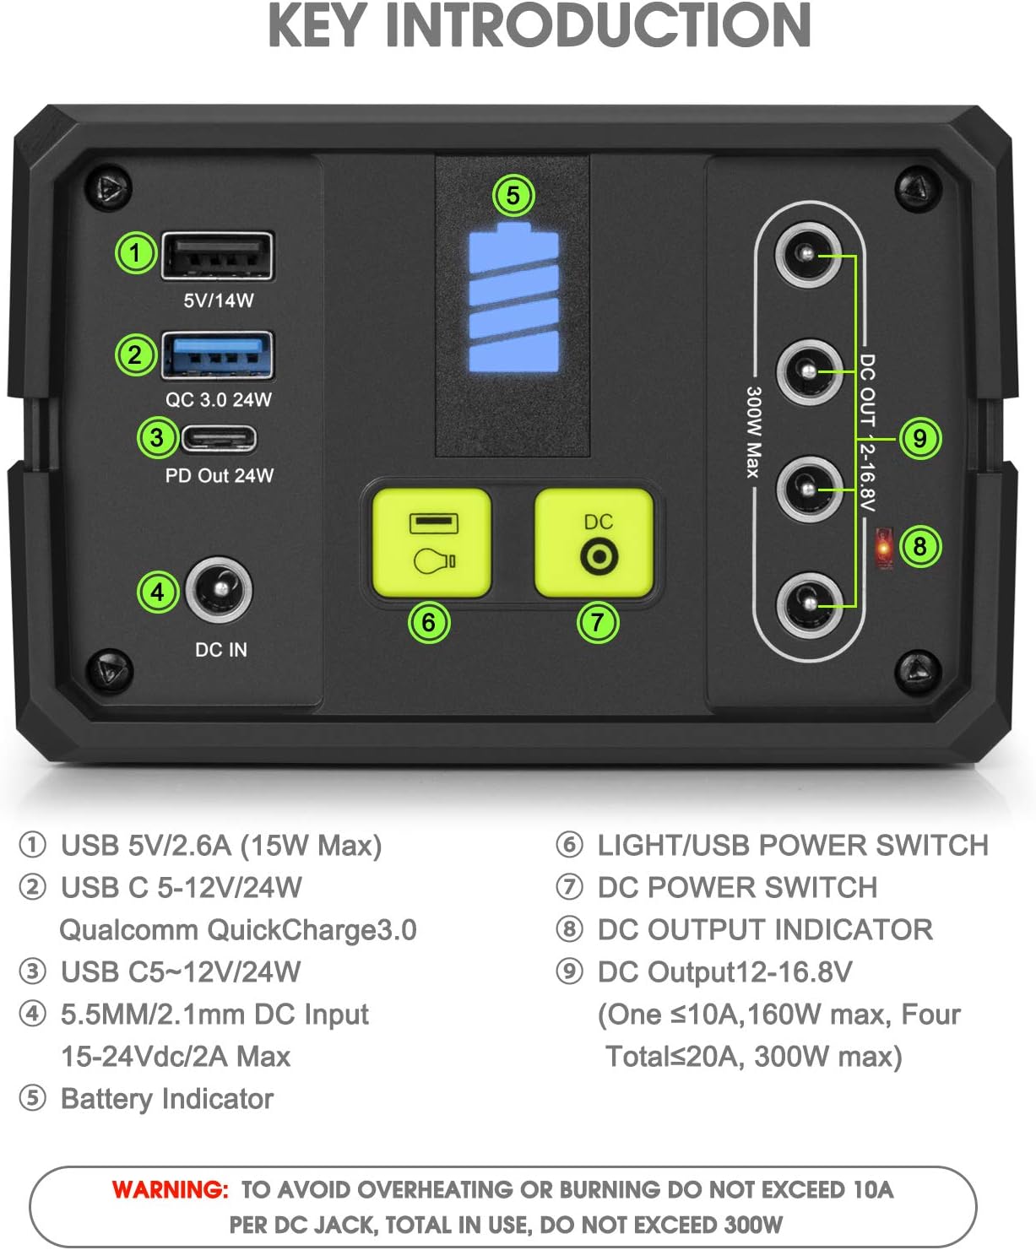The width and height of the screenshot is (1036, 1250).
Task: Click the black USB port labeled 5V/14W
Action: click(218, 255)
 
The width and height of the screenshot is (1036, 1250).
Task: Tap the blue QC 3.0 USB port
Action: click(218, 355)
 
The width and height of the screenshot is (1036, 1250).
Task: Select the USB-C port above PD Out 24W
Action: click(219, 438)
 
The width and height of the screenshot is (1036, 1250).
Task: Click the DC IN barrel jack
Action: click(219, 590)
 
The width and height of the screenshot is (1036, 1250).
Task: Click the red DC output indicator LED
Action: click(883, 548)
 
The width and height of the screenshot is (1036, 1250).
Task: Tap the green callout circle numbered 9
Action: click(919, 438)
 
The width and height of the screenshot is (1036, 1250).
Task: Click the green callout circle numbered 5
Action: click(513, 196)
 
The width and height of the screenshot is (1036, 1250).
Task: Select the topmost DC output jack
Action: click(808, 254)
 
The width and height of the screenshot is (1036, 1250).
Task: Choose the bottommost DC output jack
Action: click(808, 604)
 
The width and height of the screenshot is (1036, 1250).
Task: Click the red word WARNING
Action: click(170, 1190)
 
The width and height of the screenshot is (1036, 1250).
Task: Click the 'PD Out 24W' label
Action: click(219, 476)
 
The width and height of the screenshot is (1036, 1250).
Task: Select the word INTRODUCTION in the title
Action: click(597, 25)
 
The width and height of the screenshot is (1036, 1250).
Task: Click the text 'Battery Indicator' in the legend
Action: click(167, 1099)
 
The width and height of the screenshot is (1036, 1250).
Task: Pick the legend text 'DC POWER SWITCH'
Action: click(737, 888)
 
